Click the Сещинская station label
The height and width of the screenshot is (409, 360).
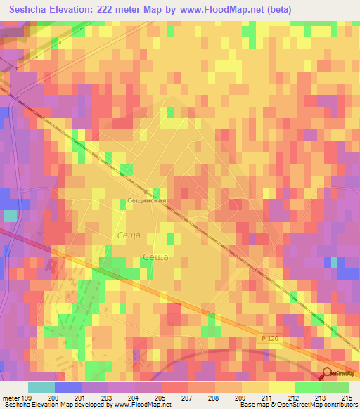[x=146, y=200]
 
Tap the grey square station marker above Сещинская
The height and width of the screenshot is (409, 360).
[x=146, y=191]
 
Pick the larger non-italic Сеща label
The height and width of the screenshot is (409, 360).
[x=155, y=257]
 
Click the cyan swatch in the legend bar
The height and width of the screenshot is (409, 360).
[x=41, y=387]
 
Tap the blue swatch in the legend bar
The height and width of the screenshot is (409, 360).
[x=67, y=387]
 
